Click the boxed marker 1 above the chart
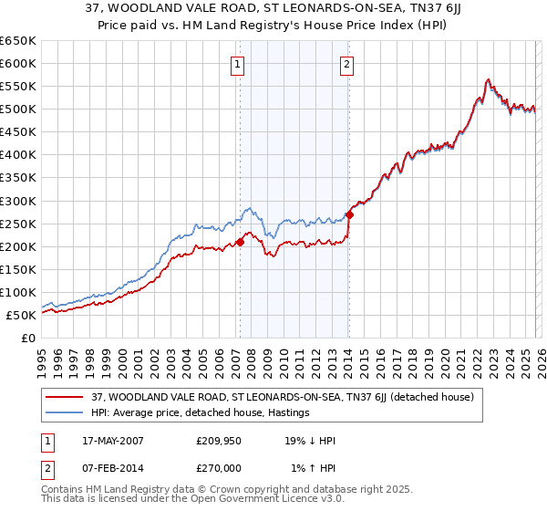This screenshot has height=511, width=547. pyautogui.click(x=237, y=64)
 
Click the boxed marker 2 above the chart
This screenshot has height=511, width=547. pyautogui.click(x=347, y=64)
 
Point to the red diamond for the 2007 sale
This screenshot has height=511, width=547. pyautogui.click(x=241, y=242)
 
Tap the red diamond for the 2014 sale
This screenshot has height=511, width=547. pyautogui.click(x=349, y=214)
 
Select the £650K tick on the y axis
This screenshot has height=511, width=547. pyautogui.click(x=18, y=41)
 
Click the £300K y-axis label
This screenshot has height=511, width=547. pyautogui.click(x=18, y=201)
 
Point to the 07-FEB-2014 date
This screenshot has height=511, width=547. pyautogui.click(x=109, y=468)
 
